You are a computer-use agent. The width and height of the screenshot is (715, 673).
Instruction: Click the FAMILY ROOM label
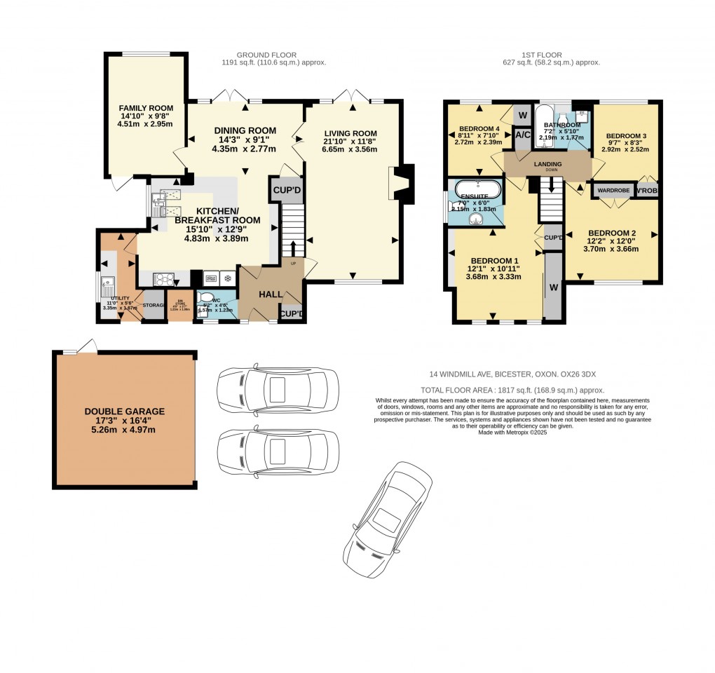click(x=146, y=109)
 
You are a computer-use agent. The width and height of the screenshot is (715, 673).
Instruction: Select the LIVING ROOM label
click(x=350, y=133)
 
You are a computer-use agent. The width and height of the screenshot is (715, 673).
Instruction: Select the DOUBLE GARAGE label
click(x=125, y=412)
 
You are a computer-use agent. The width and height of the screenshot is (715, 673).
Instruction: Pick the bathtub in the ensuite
click(x=478, y=190)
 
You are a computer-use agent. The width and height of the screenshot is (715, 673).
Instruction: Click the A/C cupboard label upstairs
click(x=522, y=135)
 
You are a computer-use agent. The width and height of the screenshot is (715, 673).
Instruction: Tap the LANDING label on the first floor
click(x=547, y=164)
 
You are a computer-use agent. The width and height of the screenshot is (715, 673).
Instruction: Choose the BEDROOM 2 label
click(x=612, y=233)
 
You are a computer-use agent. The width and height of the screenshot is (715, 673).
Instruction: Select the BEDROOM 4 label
click(x=479, y=128)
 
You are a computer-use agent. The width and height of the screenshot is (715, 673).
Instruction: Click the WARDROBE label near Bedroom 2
click(x=613, y=190)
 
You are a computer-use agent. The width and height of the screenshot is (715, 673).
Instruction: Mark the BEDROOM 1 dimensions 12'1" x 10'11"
click(x=493, y=268)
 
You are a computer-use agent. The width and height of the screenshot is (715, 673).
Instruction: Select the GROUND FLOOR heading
click(x=266, y=55)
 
